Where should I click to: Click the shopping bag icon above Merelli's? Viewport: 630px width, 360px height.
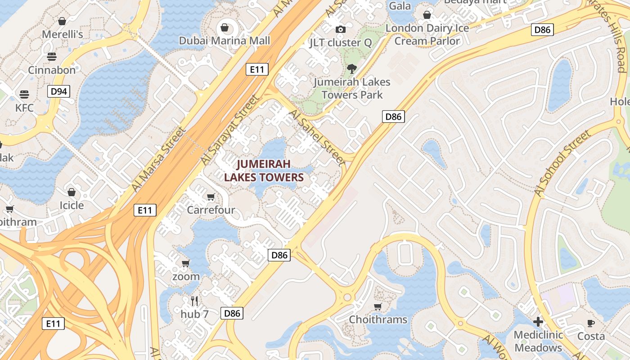62,21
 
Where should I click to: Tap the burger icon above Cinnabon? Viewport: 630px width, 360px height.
52,57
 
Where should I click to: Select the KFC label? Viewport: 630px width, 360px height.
24,108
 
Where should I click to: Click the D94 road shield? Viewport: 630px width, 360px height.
59,92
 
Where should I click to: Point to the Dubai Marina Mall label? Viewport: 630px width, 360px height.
225,40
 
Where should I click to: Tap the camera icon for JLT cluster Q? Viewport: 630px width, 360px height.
341,30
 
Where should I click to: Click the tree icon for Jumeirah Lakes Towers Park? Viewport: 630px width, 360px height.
351,69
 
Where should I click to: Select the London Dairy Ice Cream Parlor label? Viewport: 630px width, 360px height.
427,35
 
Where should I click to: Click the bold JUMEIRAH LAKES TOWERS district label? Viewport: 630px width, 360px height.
264,171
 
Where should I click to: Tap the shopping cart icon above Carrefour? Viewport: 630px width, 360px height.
211,197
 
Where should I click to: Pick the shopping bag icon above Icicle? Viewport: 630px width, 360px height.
72,193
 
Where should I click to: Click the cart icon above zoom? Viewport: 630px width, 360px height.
185,263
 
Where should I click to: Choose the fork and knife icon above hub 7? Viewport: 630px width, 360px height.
194,301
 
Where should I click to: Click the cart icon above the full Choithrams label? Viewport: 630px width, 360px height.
378,307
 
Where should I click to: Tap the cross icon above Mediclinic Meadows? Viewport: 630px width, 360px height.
538,322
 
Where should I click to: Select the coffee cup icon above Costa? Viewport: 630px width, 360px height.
591,323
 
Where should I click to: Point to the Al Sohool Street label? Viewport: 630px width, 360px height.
562,163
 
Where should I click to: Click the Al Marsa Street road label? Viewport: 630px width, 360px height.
159,159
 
